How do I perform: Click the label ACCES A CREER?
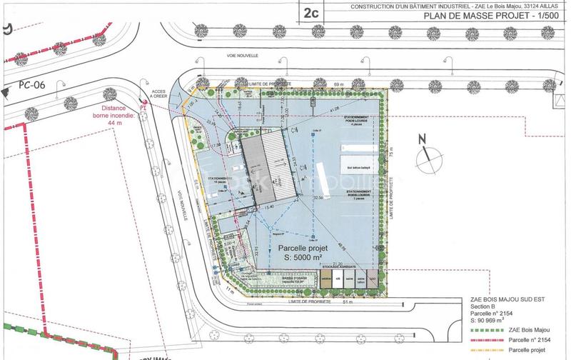[158, 96]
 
